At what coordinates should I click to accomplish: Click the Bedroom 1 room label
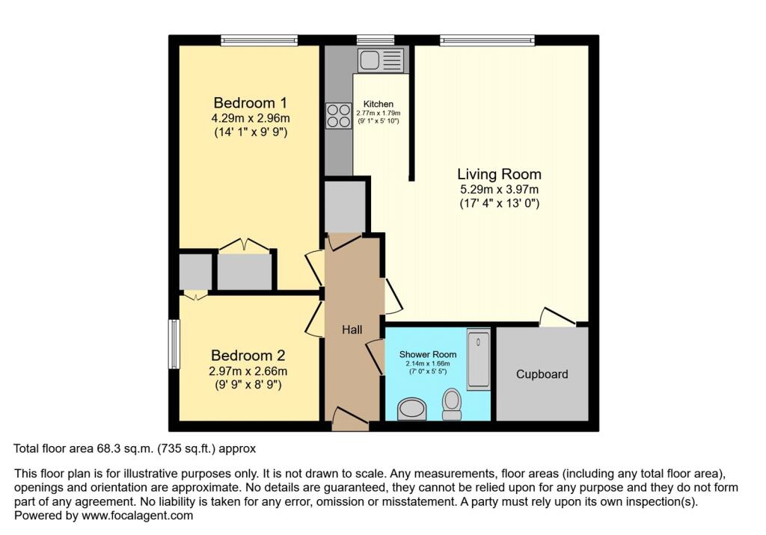coord(251,102)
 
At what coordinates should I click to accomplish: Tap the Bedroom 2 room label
coord(248,356)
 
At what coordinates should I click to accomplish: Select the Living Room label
coord(498,173)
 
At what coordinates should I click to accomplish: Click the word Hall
coord(352,330)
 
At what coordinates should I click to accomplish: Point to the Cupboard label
coord(542,374)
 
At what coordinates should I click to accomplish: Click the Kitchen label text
coord(379,104)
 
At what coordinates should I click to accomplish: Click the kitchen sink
coord(381,60)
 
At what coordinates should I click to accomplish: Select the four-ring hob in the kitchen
coord(338,115)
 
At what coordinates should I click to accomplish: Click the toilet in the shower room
coord(452,402)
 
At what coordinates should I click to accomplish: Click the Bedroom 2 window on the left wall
coord(174,344)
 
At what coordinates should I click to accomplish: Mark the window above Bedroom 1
coord(259,40)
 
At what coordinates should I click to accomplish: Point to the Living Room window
coord(487,40)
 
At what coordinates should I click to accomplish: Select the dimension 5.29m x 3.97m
coord(498,189)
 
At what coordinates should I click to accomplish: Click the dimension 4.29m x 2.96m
coord(251,118)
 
